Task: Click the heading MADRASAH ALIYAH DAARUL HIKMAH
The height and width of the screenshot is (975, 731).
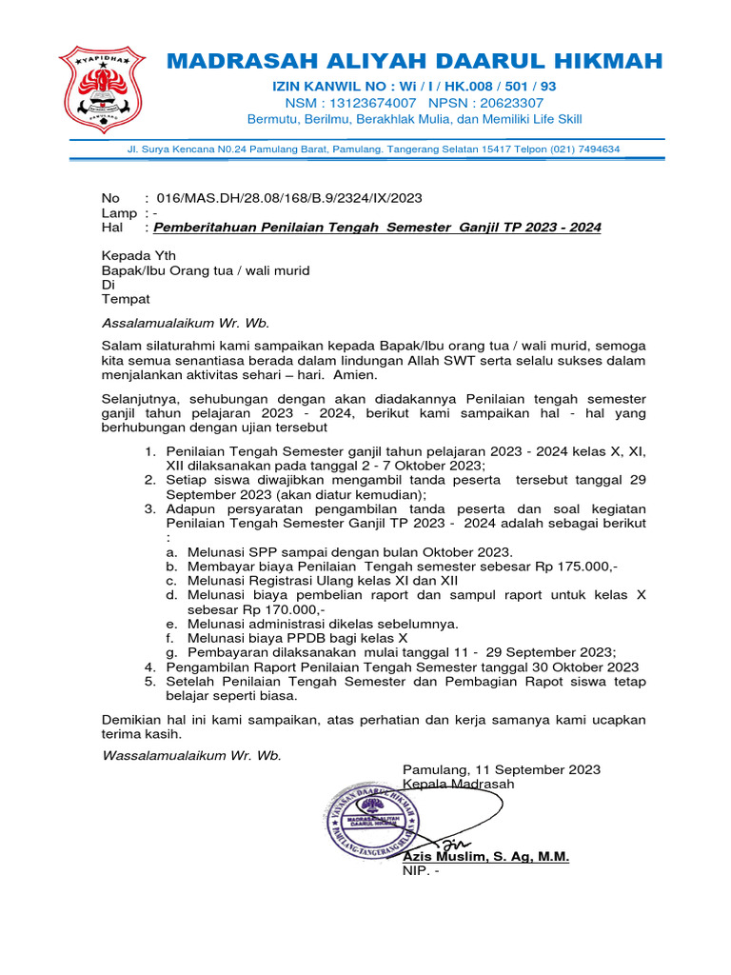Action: [x=414, y=62]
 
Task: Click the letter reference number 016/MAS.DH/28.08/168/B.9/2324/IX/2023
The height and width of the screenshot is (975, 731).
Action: [x=288, y=198]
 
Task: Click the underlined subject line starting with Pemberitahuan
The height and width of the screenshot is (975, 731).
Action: [x=377, y=229]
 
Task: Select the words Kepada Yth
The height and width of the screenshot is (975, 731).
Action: [x=139, y=256]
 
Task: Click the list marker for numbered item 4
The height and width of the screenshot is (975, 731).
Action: [x=149, y=667]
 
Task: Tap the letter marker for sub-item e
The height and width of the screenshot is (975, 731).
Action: [x=170, y=624]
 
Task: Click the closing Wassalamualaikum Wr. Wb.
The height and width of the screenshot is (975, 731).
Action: [x=191, y=755]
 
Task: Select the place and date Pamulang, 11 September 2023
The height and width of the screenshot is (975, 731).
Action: [x=502, y=769]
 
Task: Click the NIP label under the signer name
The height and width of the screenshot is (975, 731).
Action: [x=417, y=871]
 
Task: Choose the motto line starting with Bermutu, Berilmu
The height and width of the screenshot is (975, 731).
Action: [x=414, y=119]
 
